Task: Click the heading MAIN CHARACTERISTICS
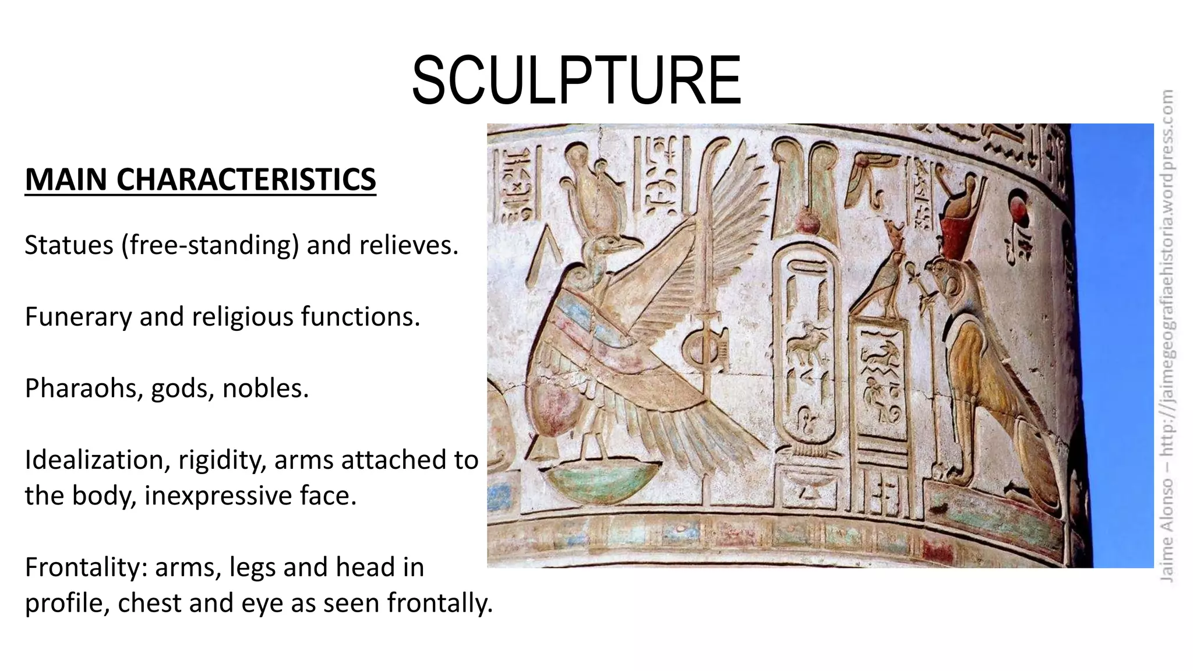tap(200, 179)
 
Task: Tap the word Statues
tap(69, 245)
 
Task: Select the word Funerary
tap(77, 317)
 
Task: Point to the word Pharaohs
tap(84, 389)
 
